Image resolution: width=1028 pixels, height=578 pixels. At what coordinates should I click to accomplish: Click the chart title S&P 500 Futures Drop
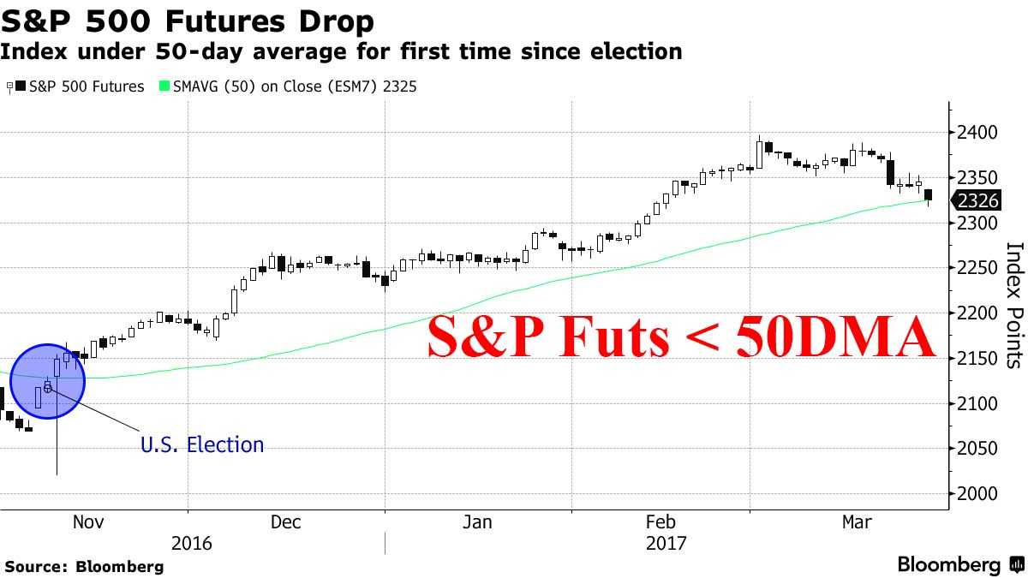(x=188, y=21)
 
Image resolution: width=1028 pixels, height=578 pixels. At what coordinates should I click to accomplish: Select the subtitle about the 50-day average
(x=341, y=51)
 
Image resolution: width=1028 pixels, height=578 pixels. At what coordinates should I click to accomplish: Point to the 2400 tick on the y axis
(x=975, y=133)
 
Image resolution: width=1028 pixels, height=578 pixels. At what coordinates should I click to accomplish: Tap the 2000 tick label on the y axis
(x=975, y=494)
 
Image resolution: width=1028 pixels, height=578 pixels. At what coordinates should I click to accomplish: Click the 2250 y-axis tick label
(x=975, y=268)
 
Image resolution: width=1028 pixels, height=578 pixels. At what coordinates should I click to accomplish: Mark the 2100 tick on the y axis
(x=975, y=403)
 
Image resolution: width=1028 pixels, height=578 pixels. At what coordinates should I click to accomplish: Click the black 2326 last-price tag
(x=976, y=201)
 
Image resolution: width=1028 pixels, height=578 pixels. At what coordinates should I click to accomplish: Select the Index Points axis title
(x=1014, y=305)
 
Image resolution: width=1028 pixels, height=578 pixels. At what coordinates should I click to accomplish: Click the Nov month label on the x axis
(x=89, y=522)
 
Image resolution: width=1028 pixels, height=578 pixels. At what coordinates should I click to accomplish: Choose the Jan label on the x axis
(x=476, y=522)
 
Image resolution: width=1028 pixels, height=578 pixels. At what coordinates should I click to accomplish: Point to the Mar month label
(x=856, y=522)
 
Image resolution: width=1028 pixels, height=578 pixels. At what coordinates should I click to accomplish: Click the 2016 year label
(x=192, y=544)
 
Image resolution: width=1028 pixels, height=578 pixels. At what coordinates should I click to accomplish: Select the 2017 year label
(x=667, y=544)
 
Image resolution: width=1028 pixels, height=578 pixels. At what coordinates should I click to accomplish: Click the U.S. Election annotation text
(x=202, y=444)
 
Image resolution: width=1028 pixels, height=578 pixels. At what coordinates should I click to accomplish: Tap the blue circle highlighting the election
(x=48, y=381)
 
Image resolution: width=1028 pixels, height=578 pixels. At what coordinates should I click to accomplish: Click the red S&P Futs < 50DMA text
(x=681, y=337)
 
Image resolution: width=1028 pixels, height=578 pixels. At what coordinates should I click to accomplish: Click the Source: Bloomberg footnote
(x=84, y=566)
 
